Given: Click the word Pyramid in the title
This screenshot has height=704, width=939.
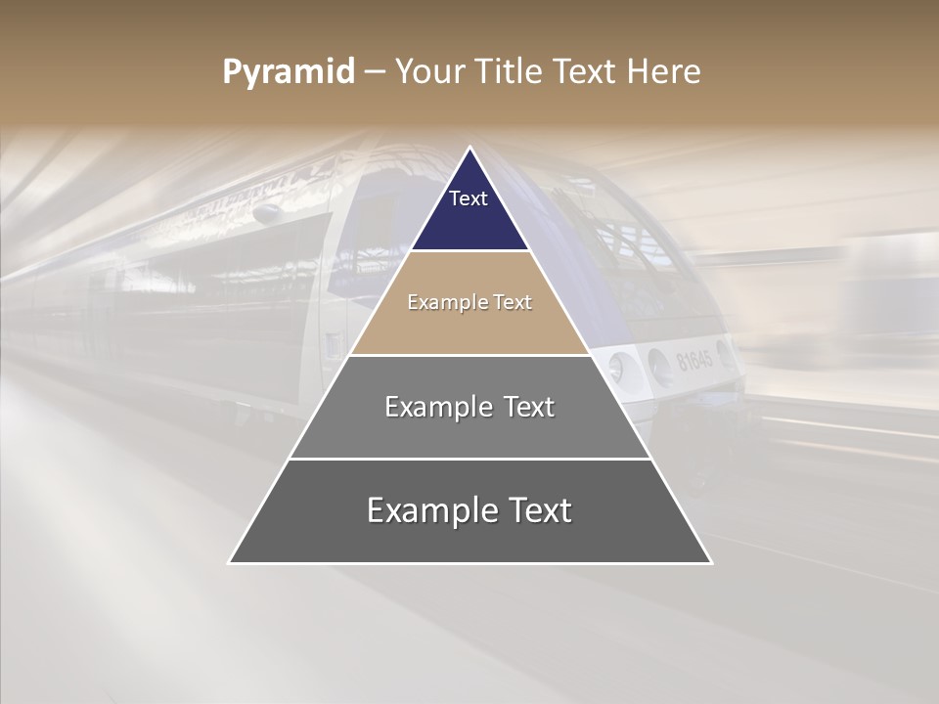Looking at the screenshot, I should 288,72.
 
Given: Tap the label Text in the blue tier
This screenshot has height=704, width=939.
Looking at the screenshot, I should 469,198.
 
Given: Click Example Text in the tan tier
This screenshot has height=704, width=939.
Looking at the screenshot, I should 469,302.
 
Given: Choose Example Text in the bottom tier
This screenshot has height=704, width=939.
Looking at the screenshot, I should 469,510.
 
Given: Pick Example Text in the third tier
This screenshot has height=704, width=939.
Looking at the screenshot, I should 469,407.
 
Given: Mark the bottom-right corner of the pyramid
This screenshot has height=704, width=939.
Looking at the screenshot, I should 710,562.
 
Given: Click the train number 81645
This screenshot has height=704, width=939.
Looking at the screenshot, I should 694,360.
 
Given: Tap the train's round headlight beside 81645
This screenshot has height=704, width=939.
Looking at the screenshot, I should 617,369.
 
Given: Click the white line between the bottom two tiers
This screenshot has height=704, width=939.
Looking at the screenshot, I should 469,459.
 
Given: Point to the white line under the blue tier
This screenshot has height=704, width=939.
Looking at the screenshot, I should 469,251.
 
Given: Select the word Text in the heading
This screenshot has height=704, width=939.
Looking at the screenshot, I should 584,72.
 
